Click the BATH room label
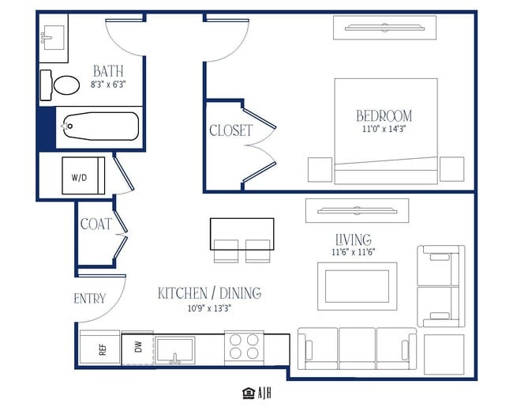(108, 71)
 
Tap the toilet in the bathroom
(60, 85)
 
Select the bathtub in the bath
(99, 126)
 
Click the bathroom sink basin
(53, 38)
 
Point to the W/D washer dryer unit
(84, 175)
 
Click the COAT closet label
(96, 224)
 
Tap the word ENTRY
(90, 299)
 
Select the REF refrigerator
(99, 347)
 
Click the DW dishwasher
(138, 349)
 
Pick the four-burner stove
(244, 346)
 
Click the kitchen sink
(175, 350)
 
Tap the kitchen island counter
(242, 234)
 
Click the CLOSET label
(231, 130)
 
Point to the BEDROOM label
(384, 116)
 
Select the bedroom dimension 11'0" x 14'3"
(384, 129)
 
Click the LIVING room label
(354, 239)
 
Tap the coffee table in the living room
(358, 286)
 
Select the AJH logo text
(264, 393)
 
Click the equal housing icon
(249, 393)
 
